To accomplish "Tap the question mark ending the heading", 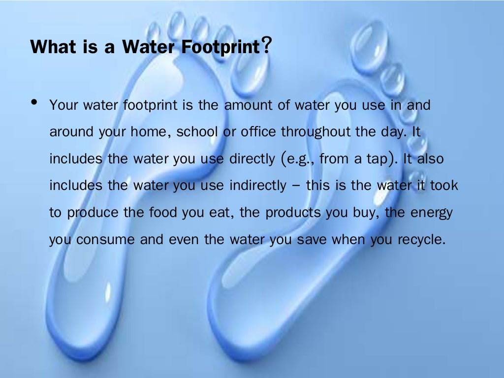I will click(266, 46).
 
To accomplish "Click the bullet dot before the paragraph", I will click(34, 102).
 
